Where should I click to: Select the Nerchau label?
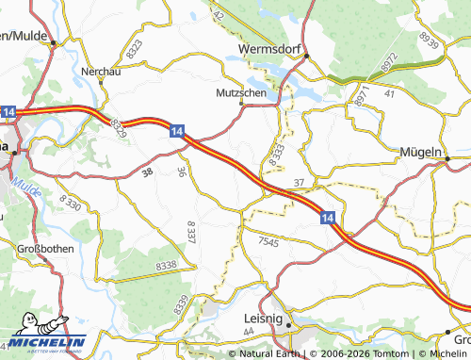pyautogui.click(x=101, y=72)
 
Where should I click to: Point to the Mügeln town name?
pyautogui.click(x=421, y=151)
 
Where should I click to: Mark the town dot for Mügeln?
pyautogui.click(x=446, y=158)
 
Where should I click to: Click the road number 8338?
pyautogui.click(x=166, y=267)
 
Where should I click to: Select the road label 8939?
pyautogui.click(x=429, y=40)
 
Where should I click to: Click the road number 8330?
pyautogui.click(x=71, y=201)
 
